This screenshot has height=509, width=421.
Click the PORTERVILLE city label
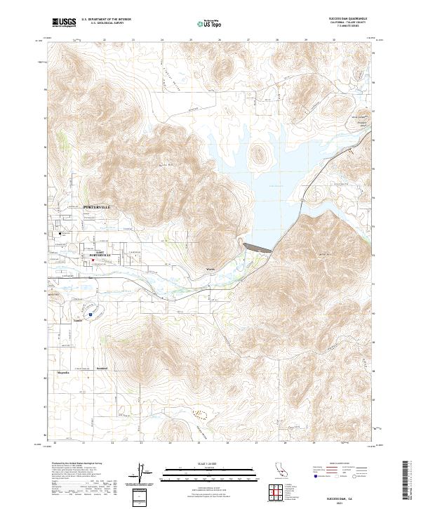[97, 208]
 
